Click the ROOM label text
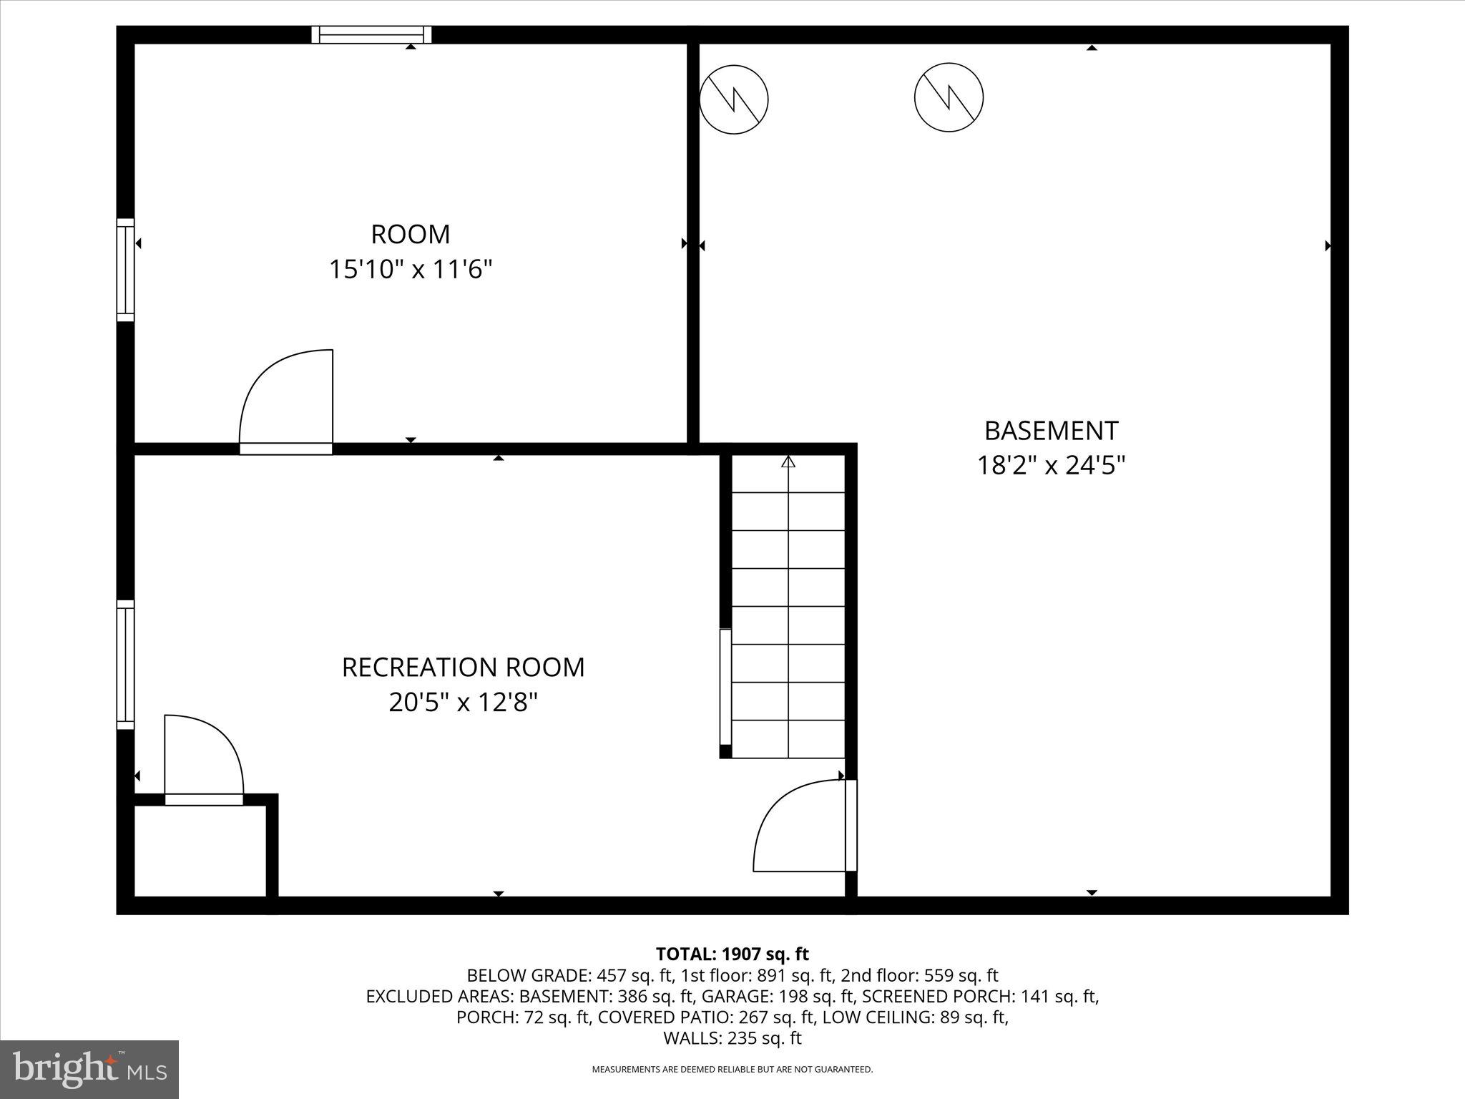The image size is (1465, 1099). [x=410, y=235]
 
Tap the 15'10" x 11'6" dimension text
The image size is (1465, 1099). [x=411, y=270]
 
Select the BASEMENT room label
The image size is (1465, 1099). [x=1051, y=431]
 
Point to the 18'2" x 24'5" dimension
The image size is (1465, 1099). [x=1051, y=466]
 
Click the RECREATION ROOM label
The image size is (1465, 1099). [x=463, y=667]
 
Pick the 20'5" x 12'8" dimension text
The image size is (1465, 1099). [x=463, y=702]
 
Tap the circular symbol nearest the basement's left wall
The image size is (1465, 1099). [x=733, y=99]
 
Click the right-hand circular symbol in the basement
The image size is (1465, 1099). [x=949, y=97]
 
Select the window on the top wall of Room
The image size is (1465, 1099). [x=371, y=35]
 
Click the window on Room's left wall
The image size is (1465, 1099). [x=126, y=270]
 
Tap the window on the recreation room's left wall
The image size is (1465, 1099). [x=126, y=665]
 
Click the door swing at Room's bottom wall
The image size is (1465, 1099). [x=286, y=401]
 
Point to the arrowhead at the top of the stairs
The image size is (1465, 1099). [x=788, y=461]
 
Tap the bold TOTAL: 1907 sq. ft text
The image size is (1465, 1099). [x=732, y=954]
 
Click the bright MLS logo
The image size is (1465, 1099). [x=89, y=1069]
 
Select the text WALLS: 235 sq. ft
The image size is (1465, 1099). [x=732, y=1037]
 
